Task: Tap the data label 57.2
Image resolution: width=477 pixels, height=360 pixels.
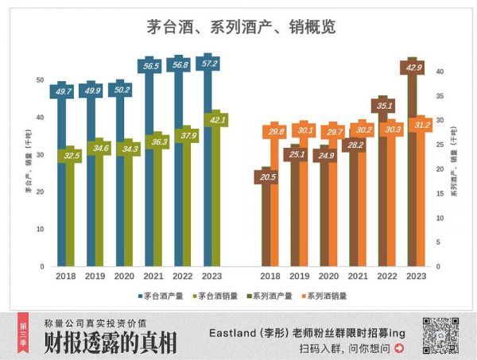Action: click(x=209, y=64)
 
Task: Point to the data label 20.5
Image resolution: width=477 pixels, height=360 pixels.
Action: click(x=267, y=177)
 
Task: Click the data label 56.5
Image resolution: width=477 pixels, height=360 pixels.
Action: click(x=150, y=67)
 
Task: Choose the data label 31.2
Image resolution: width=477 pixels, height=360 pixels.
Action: click(x=421, y=124)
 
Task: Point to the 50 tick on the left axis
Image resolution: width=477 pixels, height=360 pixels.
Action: click(x=40, y=80)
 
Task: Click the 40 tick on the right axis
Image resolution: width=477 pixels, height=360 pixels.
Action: click(x=439, y=72)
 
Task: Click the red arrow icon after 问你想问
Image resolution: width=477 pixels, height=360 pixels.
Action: click(x=399, y=348)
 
